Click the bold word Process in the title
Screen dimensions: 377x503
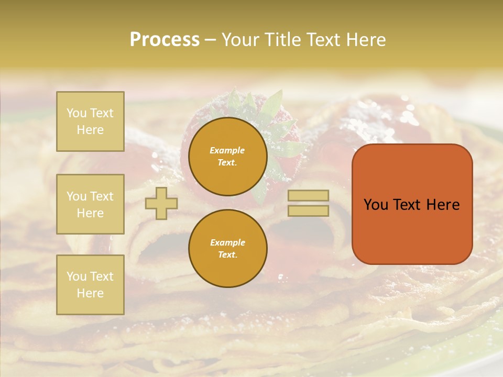(165, 40)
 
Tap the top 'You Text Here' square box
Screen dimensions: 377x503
(90, 121)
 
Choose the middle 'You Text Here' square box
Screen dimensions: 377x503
(90, 204)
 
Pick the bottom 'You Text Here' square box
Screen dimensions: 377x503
(90, 284)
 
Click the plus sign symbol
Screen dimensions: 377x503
(161, 203)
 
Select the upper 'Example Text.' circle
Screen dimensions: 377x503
(227, 156)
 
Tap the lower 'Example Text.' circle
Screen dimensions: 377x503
(227, 248)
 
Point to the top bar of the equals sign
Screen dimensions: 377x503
(308, 195)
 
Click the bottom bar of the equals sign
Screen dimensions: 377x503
(308, 210)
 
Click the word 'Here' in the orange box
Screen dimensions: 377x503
(443, 205)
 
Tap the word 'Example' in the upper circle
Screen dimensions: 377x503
(227, 150)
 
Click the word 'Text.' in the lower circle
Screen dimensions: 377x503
(227, 255)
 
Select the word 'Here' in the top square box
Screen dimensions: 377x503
(90, 130)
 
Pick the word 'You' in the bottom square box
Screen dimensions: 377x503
(76, 276)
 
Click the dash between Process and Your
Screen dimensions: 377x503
(210, 40)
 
